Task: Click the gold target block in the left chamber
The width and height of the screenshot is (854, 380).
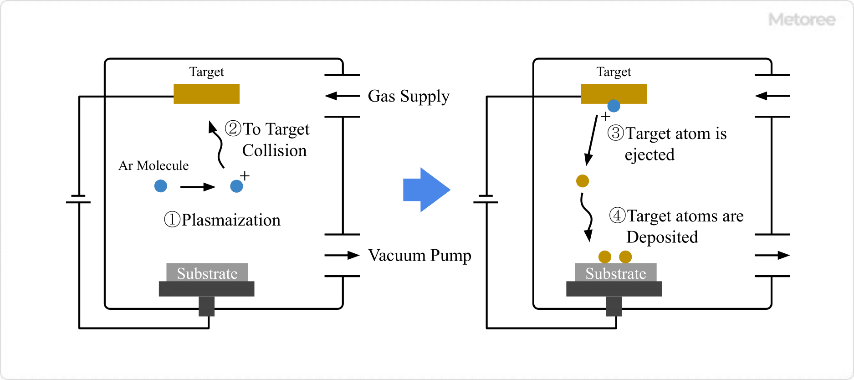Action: pyautogui.click(x=206, y=94)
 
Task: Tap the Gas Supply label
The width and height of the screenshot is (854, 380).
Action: pyautogui.click(x=409, y=96)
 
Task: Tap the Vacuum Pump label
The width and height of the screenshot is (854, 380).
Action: pyautogui.click(x=419, y=256)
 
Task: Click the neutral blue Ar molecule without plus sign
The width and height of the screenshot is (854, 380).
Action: pyautogui.click(x=161, y=186)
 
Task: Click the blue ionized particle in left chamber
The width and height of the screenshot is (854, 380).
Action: pyautogui.click(x=236, y=186)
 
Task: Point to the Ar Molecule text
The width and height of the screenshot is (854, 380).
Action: pyautogui.click(x=153, y=165)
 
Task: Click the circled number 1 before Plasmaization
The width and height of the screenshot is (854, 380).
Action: pyautogui.click(x=172, y=219)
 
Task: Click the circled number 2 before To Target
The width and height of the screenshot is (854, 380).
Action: pyautogui.click(x=233, y=128)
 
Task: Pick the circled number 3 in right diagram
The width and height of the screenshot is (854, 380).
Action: pyautogui.click(x=616, y=133)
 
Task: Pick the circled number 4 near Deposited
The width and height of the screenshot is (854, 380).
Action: pyautogui.click(x=617, y=215)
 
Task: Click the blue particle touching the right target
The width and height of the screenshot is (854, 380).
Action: pyautogui.click(x=614, y=106)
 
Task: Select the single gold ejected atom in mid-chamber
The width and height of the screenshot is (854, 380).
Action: pyautogui.click(x=583, y=181)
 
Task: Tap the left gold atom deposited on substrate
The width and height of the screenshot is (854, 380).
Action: pyautogui.click(x=604, y=257)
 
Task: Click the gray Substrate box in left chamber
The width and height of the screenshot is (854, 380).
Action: pyautogui.click(x=207, y=273)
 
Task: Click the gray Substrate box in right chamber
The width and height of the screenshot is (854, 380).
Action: pyautogui.click(x=615, y=273)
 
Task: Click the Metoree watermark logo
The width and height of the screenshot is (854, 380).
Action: pyautogui.click(x=802, y=20)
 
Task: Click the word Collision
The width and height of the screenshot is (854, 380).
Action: pyautogui.click(x=274, y=150)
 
